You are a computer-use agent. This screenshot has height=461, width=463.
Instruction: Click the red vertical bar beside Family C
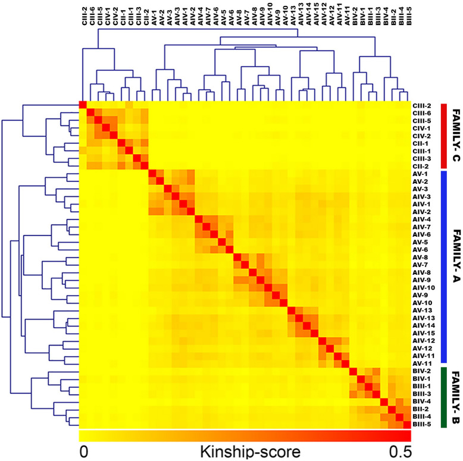(x=443, y=136)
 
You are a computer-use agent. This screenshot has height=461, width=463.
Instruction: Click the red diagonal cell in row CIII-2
(x=83, y=105)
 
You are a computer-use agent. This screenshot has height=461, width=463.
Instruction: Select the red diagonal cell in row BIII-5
(x=402, y=424)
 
